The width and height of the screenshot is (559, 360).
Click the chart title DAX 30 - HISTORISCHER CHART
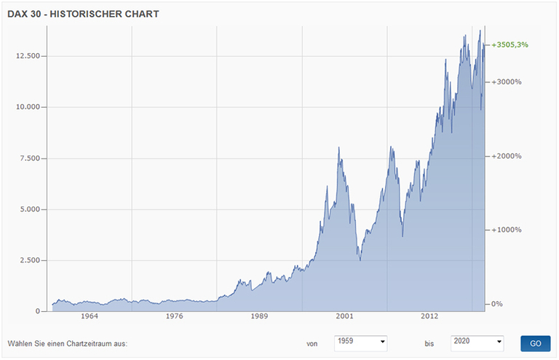point(83,14)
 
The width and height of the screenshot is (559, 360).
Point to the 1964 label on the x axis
point(90,317)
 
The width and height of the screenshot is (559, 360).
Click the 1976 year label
point(174,317)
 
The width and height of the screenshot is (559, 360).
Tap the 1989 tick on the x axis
point(259,317)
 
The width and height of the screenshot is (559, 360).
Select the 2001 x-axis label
point(344,317)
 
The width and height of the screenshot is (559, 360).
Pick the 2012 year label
point(429,317)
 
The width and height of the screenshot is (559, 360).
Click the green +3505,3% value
point(510,45)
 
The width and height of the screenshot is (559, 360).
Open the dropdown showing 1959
point(360,343)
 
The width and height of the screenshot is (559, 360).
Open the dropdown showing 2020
point(477,343)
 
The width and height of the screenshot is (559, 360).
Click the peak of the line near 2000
point(338,148)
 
